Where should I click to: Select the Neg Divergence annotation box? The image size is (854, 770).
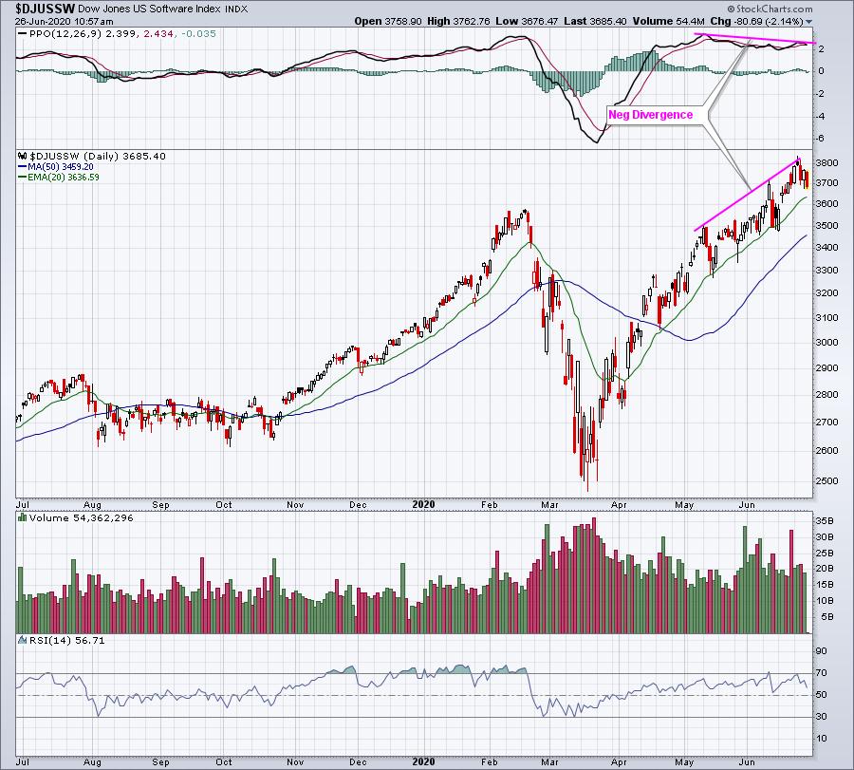point(650,115)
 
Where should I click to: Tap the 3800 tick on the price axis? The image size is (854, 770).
point(825,163)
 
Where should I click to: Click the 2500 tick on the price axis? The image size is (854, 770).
point(825,480)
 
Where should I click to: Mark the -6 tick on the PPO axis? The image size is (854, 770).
point(820,139)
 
